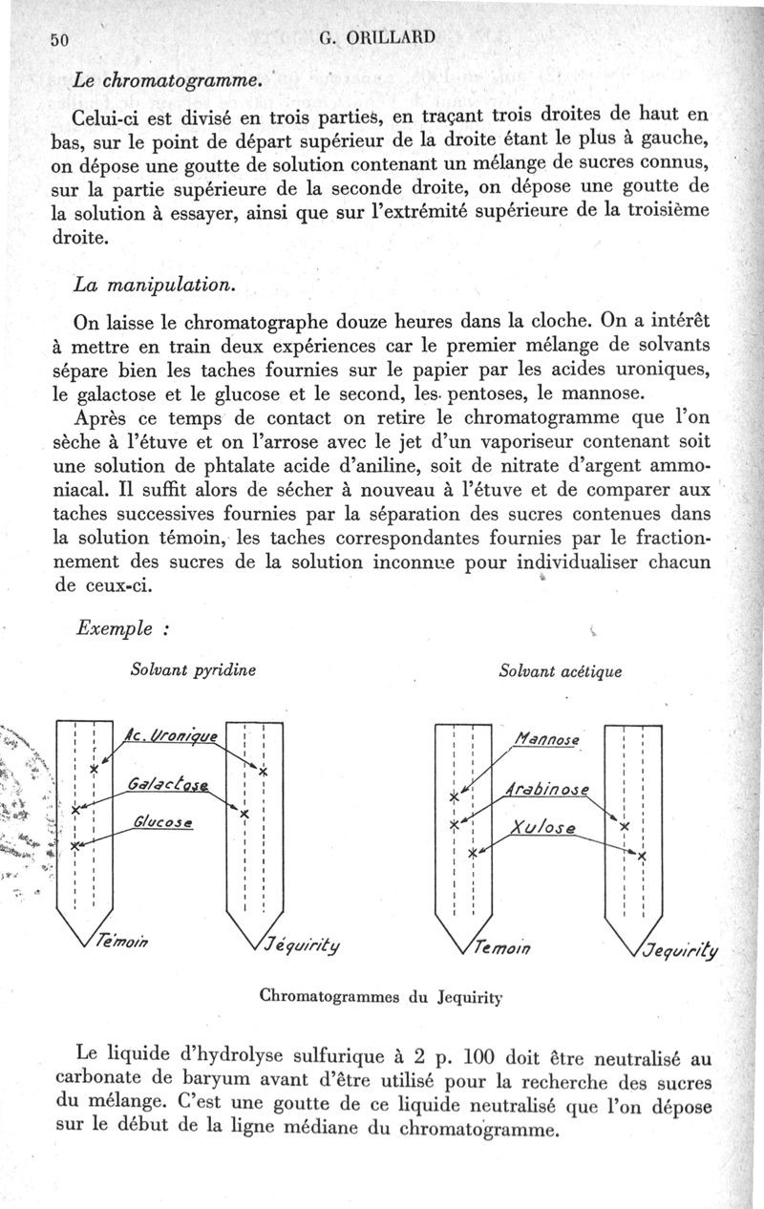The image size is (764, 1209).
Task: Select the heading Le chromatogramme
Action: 167,81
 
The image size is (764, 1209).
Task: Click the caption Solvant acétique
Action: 560,671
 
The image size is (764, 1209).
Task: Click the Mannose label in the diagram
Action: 547,738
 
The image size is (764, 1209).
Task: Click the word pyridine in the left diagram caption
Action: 223,669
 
